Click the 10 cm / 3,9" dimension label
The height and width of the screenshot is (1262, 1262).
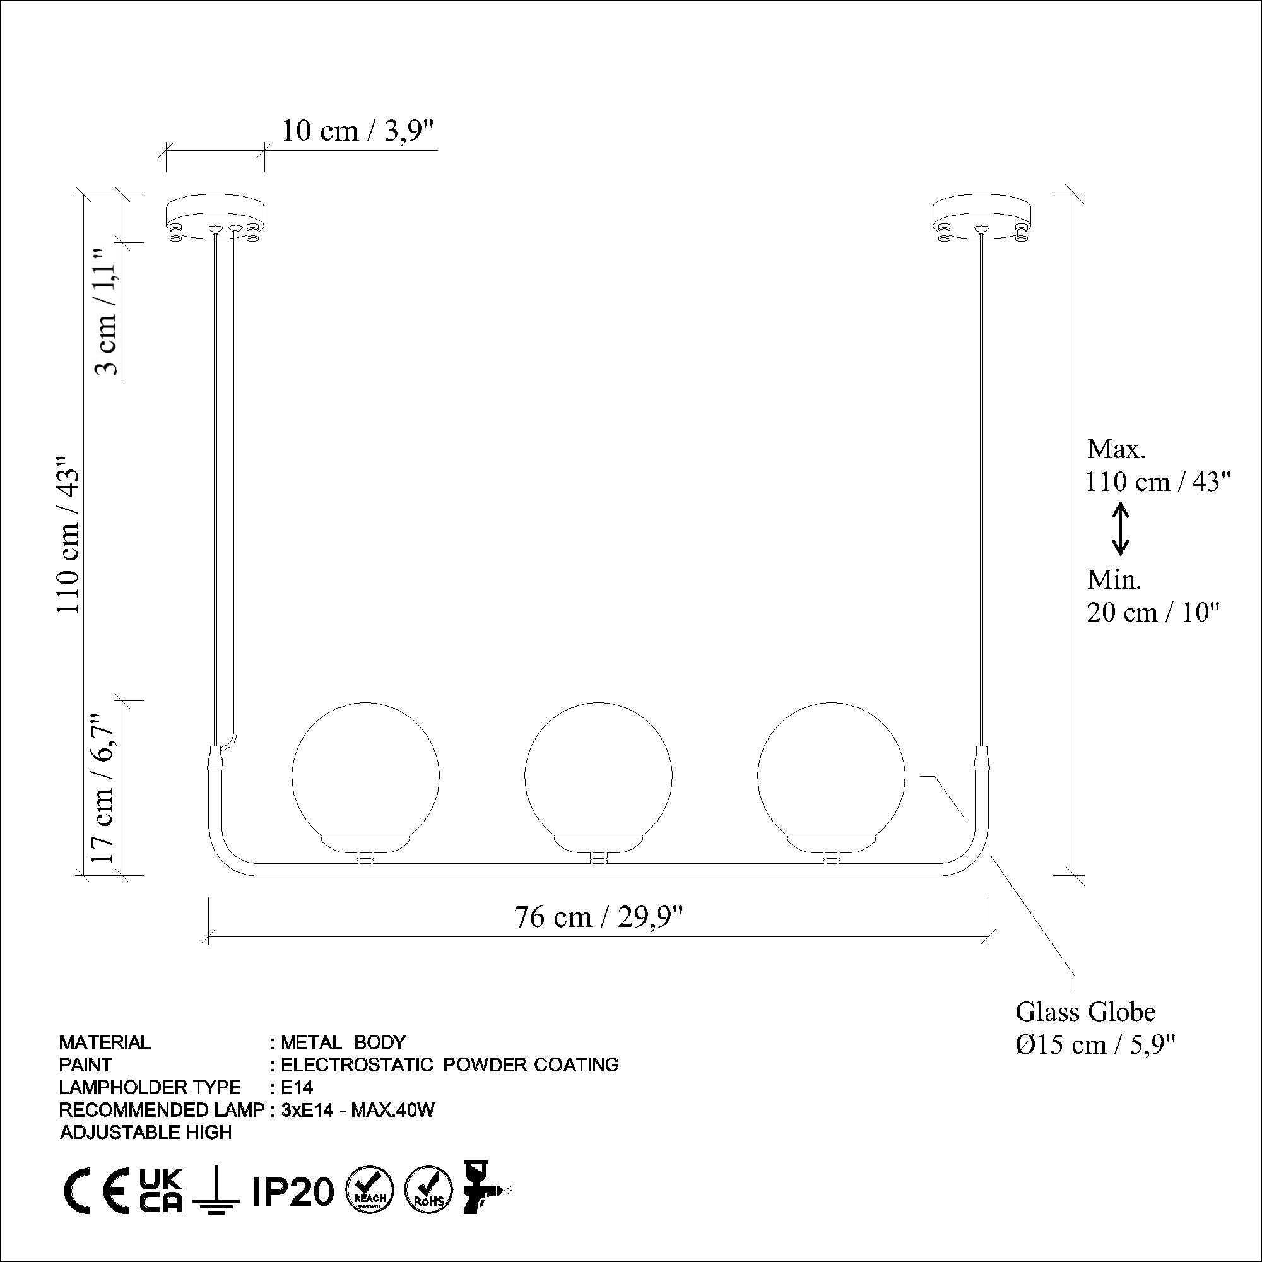pos(357,131)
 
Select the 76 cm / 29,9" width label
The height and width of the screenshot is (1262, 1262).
pos(598,916)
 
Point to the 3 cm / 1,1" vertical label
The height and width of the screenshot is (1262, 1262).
pos(106,312)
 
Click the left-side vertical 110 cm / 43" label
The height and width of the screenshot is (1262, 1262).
pos(68,534)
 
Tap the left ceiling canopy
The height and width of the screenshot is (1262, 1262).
pos(216,218)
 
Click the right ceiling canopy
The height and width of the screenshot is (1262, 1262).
pos(982,218)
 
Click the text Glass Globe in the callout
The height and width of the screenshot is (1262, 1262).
pos(1085,1012)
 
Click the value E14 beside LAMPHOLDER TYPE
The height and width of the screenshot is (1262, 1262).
pos(297,1087)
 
